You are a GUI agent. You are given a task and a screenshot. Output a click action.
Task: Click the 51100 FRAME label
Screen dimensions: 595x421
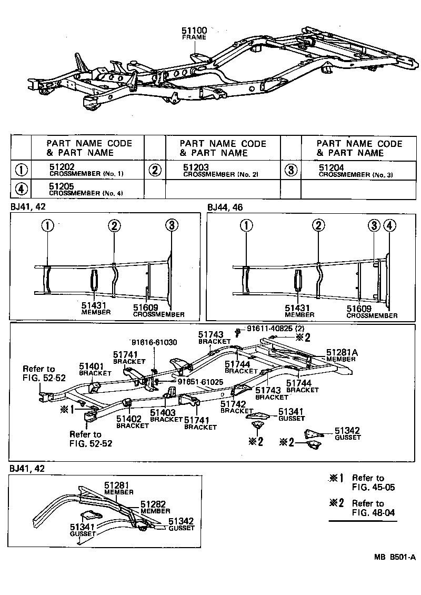coord(194,34)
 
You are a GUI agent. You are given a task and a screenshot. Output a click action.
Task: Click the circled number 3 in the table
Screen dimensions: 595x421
coord(290,170)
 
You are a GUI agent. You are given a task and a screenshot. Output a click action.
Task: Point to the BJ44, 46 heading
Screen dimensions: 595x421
coord(225,207)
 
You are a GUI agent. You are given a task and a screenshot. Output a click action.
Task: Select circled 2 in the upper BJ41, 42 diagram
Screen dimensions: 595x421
coord(115,226)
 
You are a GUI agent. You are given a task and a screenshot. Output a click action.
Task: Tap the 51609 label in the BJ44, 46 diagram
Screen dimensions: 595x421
coord(359,309)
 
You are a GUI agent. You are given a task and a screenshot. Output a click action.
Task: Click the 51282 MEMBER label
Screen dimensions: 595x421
coord(155,507)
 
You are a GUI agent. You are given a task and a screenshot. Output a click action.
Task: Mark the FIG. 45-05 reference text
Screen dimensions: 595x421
coord(373,488)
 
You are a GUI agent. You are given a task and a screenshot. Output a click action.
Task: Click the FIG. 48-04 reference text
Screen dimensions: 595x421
coord(373,512)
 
